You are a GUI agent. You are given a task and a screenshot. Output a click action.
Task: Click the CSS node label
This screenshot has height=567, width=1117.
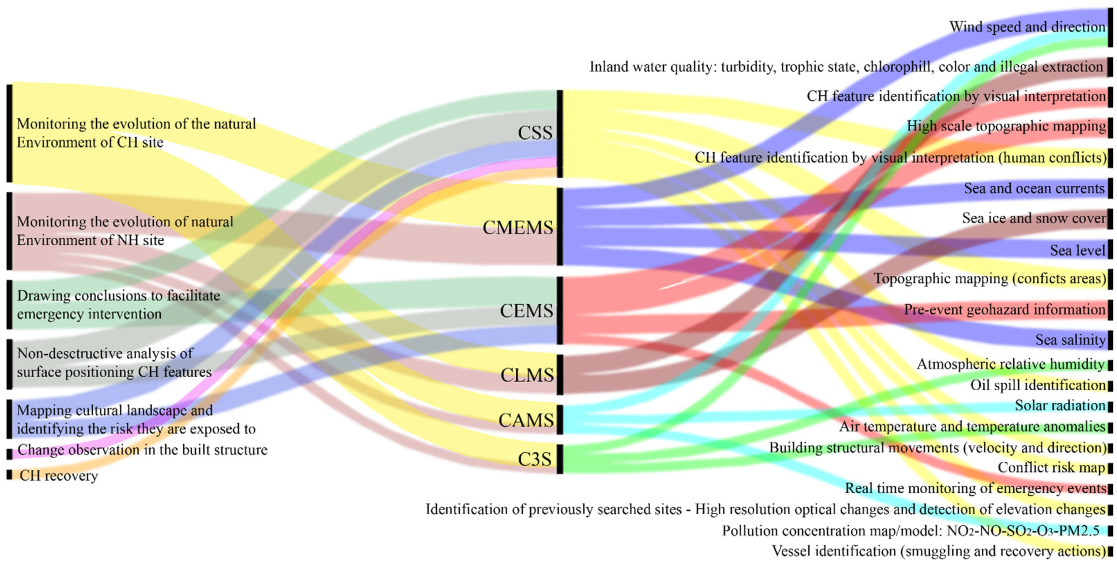point(535,132)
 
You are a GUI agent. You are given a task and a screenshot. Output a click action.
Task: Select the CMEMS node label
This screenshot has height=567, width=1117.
point(518,227)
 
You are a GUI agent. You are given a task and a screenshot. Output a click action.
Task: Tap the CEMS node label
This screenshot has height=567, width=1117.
point(527,310)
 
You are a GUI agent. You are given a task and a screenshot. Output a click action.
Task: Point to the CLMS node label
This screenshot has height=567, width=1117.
point(527,375)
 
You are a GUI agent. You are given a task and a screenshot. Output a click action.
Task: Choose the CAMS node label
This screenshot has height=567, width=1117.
point(526,420)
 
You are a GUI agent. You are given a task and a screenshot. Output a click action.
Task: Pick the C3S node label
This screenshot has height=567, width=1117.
point(535,459)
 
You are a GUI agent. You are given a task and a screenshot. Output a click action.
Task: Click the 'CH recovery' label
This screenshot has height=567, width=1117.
point(59,476)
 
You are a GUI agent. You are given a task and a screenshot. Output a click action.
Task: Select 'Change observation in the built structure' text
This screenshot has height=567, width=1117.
point(142,449)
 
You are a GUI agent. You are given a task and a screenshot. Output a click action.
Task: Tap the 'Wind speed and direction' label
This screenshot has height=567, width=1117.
point(1027,27)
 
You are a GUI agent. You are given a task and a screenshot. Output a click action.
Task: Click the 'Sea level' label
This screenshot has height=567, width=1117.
point(1078,250)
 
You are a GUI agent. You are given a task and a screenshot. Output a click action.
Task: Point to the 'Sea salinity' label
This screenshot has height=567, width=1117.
point(1070,340)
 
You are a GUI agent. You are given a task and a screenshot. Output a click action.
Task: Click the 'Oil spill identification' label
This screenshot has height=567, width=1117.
point(1038,385)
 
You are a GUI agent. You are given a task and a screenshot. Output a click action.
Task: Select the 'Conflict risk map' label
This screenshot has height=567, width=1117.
point(1051,467)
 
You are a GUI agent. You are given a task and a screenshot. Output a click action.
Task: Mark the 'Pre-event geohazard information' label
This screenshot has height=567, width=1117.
point(1004,310)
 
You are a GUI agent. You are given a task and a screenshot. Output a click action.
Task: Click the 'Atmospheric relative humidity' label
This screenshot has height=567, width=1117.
point(1010,364)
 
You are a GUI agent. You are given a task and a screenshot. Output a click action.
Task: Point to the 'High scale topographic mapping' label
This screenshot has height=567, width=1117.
point(1006,126)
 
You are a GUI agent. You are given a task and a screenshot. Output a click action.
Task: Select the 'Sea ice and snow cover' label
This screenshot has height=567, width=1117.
point(1034,218)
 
